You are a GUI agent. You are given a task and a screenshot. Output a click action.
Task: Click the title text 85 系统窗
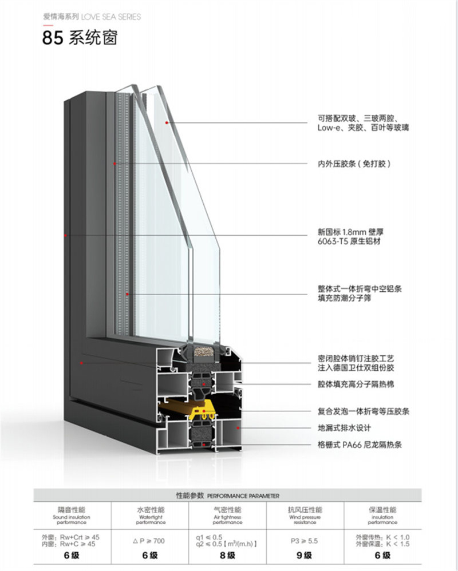[x=80, y=39]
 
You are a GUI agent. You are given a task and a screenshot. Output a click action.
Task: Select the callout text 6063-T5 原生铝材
[x=349, y=242]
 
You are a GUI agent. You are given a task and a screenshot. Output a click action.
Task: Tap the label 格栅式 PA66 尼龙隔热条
[x=360, y=445]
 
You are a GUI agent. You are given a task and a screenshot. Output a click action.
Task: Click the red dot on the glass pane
[x=167, y=122]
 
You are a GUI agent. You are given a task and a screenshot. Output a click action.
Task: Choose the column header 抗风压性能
[x=305, y=509]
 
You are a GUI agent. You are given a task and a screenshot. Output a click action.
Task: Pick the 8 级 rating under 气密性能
[x=227, y=556]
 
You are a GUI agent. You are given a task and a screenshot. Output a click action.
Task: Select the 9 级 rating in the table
[x=305, y=556]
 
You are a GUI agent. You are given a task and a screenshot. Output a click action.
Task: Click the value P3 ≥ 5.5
[x=305, y=541]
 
